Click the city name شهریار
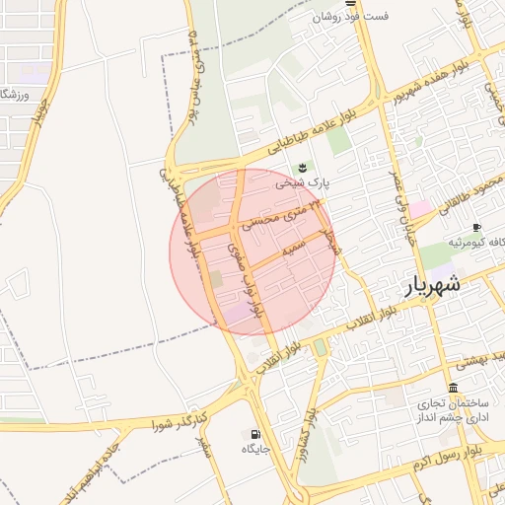pyautogui.click(x=432, y=287)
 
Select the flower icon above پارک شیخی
pyautogui.click(x=302, y=166)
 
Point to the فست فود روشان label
pyautogui.click(x=351, y=18)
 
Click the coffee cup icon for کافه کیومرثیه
pyautogui.click(x=477, y=228)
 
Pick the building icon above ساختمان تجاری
pyautogui.click(x=453, y=388)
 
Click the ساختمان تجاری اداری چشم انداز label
pyautogui.click(x=452, y=412)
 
